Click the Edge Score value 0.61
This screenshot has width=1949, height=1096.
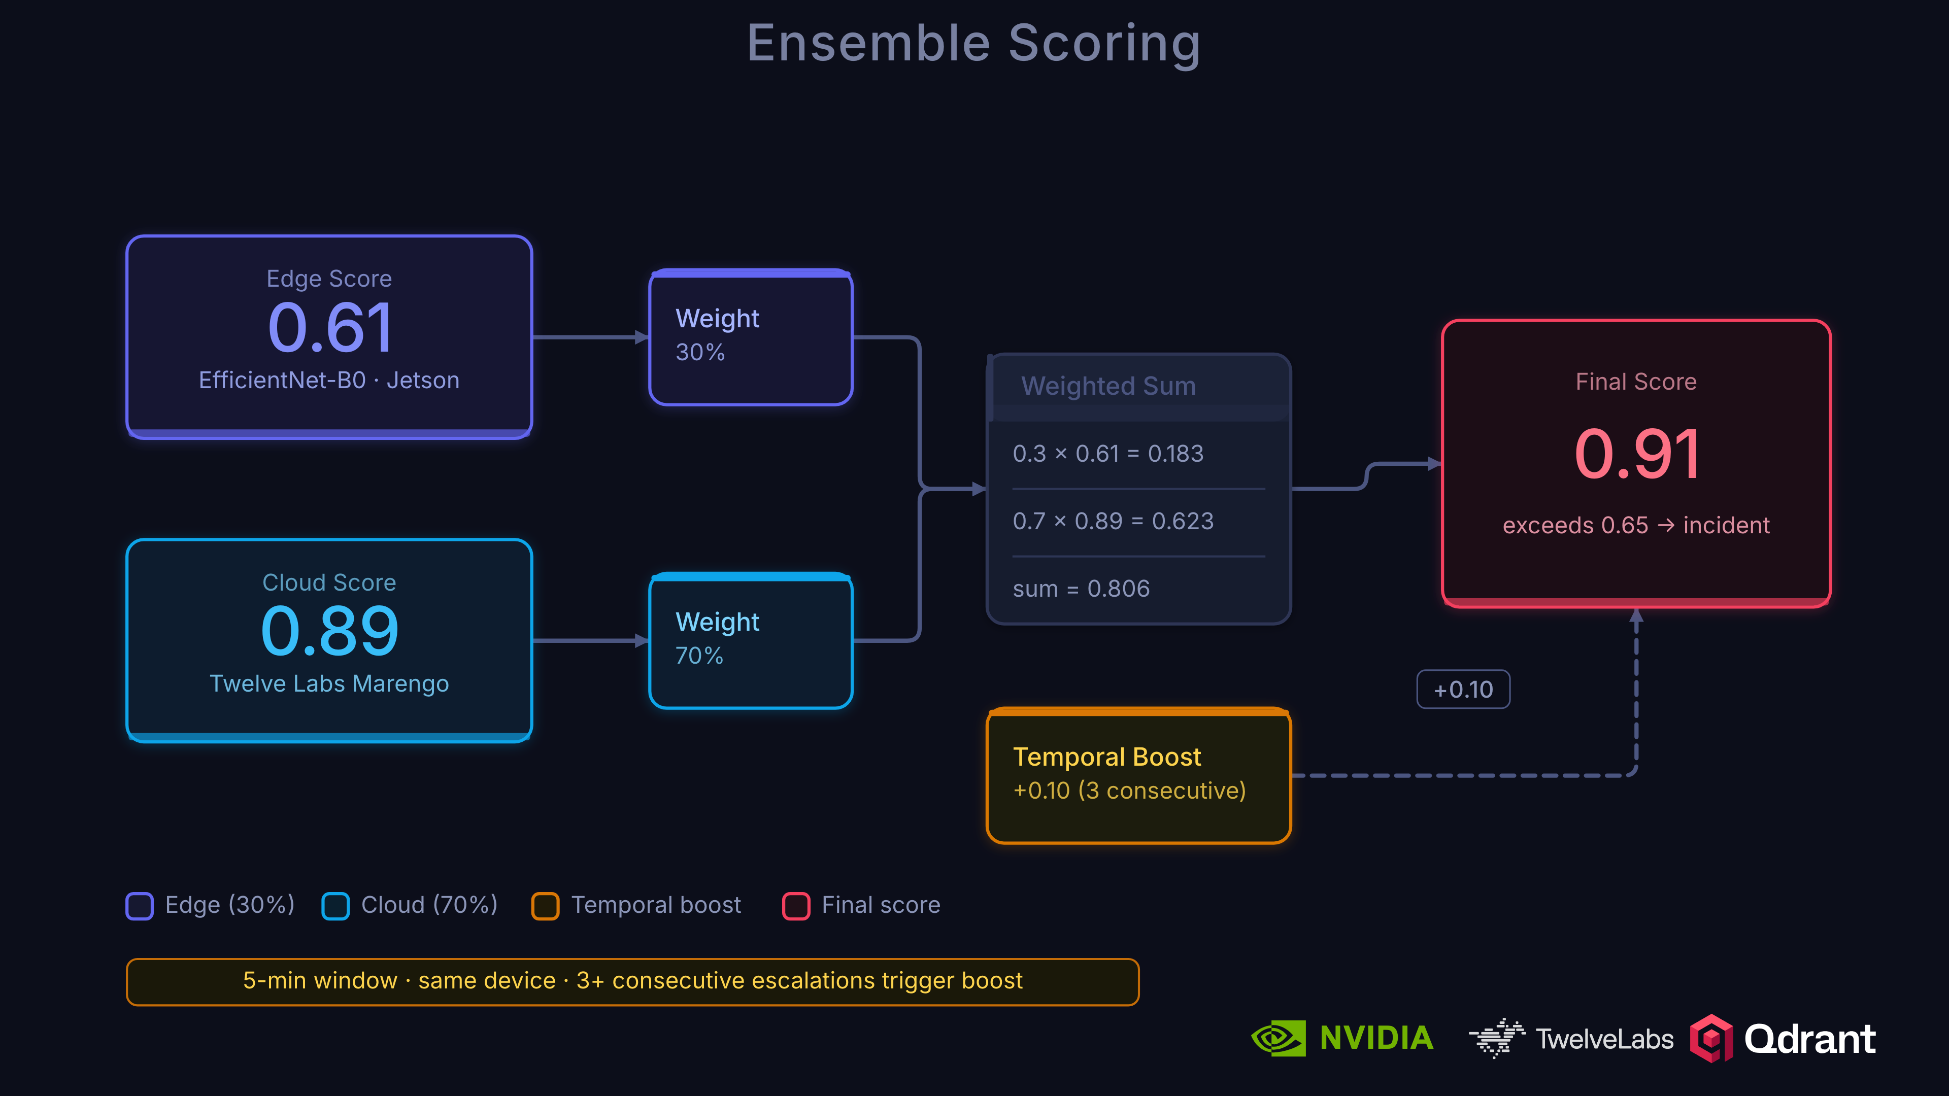(330, 328)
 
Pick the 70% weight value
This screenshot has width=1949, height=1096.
(699, 655)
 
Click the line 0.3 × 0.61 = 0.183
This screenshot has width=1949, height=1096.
(1107, 453)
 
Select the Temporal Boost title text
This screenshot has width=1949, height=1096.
(1107, 757)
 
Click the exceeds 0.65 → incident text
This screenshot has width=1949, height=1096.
(1636, 525)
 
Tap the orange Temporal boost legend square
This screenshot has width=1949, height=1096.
(545, 905)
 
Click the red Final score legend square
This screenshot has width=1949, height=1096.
(796, 905)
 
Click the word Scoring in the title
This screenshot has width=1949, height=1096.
(1104, 43)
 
